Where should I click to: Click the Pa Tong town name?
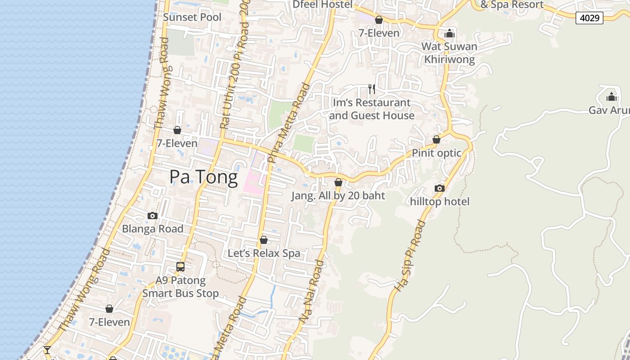pos(203,177)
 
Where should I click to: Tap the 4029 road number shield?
pos(589,18)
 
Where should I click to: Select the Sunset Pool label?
pos(192,17)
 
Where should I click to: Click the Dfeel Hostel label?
pos(322,4)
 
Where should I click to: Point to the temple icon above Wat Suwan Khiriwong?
pos(449,33)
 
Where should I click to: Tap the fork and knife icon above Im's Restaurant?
pos(372,89)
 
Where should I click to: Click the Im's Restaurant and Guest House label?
pos(372,109)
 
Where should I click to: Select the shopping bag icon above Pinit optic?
pos(436,139)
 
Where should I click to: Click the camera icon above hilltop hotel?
pos(440,188)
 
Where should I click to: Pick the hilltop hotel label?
pos(440,202)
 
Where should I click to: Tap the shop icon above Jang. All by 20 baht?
pos(338,182)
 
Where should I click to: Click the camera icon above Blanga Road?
pos(153,216)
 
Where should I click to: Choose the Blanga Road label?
pos(153,229)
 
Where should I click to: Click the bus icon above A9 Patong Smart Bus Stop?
pos(180,267)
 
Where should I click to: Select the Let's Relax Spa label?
pos(264,253)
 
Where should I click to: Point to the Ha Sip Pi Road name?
pos(409,255)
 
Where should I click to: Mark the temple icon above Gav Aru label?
pos(611,97)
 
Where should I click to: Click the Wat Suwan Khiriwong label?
pos(449,53)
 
